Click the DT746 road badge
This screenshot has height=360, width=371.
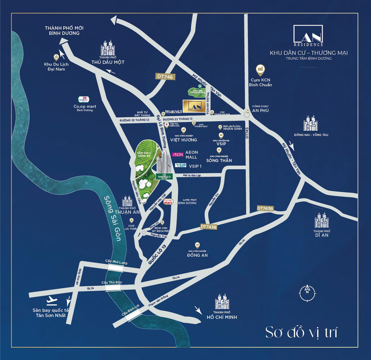click(165, 77)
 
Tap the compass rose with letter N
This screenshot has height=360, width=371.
click(307, 292)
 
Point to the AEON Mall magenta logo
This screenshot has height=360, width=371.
click(178, 154)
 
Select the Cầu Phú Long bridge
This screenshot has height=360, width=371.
click(114, 268)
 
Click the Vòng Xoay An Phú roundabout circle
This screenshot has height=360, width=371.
click(247, 114)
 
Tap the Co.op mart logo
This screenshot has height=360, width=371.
click(83, 100)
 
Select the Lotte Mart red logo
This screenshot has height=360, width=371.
click(168, 202)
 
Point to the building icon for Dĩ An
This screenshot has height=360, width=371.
click(322, 221)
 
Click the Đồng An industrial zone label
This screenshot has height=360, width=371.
click(197, 255)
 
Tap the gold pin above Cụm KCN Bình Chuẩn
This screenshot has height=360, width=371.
click(260, 69)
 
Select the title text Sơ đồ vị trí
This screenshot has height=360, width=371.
click(301, 332)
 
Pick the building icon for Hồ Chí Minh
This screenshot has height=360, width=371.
click(222, 301)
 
